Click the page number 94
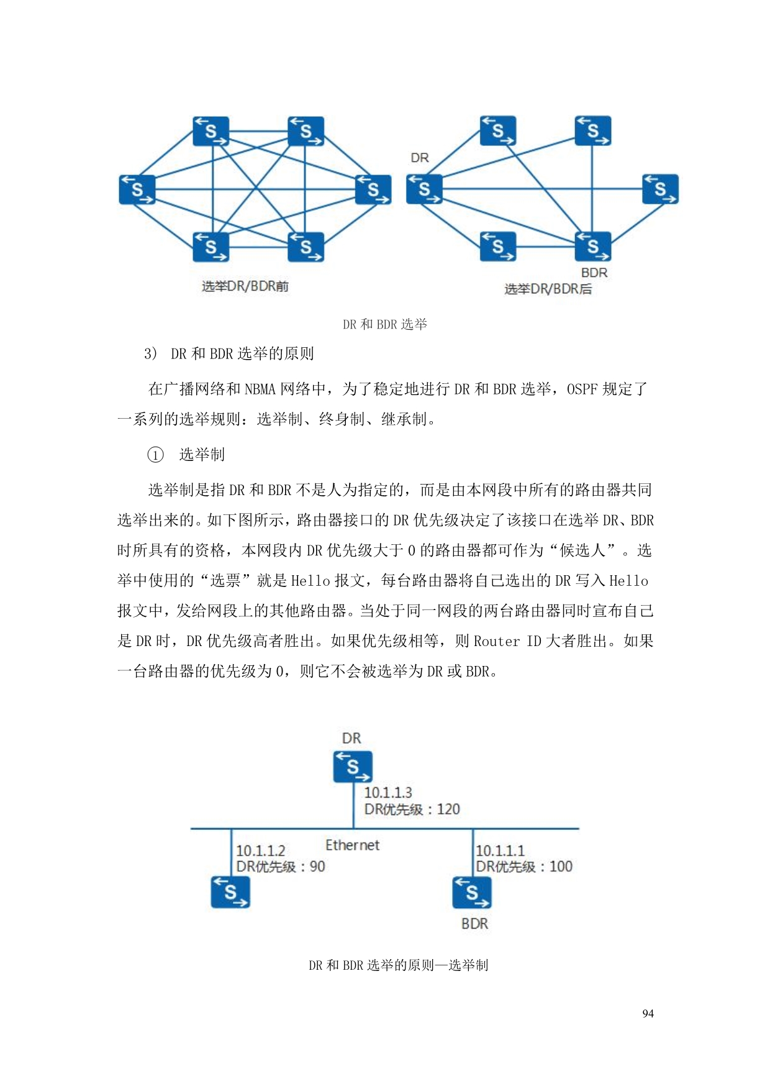[x=648, y=1013]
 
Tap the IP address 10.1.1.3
[x=387, y=793]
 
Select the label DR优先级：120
[x=412, y=809]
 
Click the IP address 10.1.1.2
[x=260, y=850]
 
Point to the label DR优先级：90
[x=280, y=867]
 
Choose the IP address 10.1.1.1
[x=500, y=850]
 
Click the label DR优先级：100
[x=523, y=867]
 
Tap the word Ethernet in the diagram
[x=352, y=845]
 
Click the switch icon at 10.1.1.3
[x=353, y=767]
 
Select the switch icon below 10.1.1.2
[x=230, y=892]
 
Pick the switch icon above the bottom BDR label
[x=472, y=892]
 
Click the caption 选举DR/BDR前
[x=245, y=286]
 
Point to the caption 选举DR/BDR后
[x=548, y=289]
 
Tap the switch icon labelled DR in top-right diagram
[x=424, y=189]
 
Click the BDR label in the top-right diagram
[x=594, y=273]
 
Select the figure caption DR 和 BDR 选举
[x=385, y=324]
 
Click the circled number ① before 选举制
[x=155, y=455]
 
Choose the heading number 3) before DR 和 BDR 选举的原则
[x=150, y=354]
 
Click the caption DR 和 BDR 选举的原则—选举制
[x=398, y=965]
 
